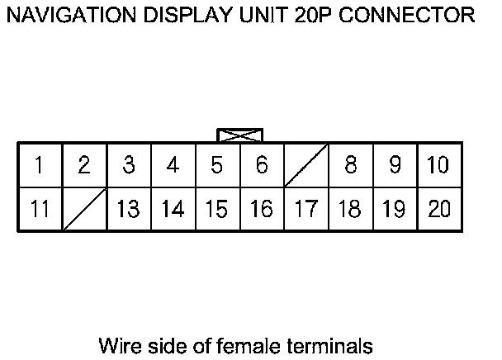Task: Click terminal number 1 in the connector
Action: point(39,165)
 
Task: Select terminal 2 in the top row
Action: point(83,165)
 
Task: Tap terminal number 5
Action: point(217,165)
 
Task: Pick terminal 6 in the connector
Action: point(262,165)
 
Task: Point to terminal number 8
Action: point(351,165)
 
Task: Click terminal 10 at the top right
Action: point(439,165)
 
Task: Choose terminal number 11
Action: point(39,209)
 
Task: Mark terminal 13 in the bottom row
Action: point(128,209)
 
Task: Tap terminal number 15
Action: point(217,209)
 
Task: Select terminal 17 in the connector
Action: point(306,209)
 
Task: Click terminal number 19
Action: point(395,209)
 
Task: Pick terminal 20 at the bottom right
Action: point(439,209)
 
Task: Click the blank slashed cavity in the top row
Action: point(306,165)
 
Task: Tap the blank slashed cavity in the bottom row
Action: point(83,209)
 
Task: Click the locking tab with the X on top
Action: point(239,135)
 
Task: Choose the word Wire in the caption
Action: point(118,344)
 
